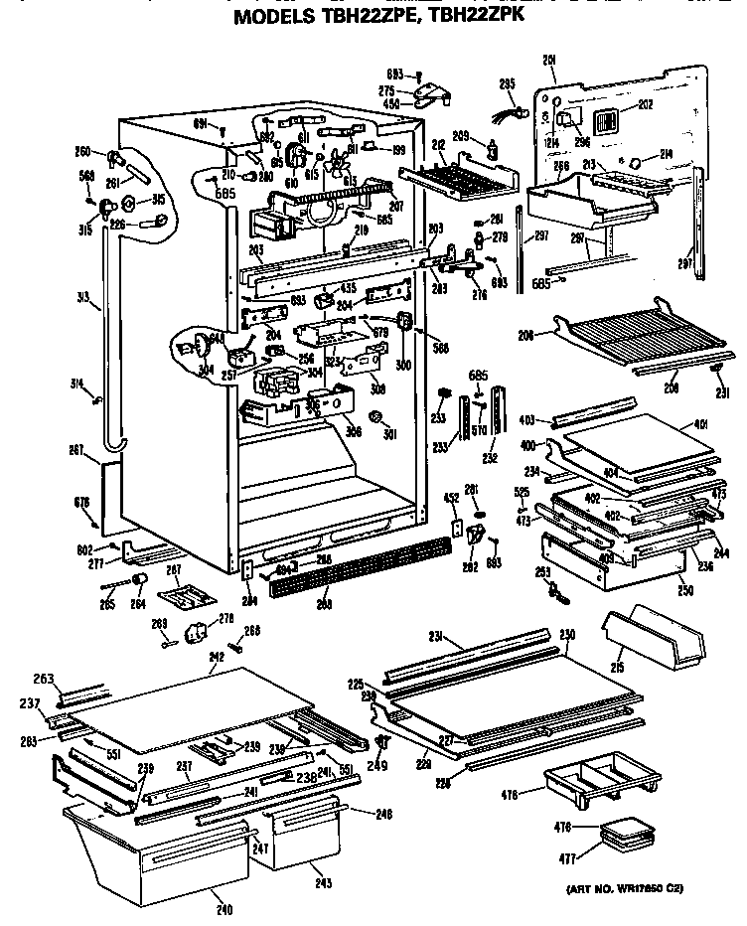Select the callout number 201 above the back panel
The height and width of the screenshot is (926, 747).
point(548,61)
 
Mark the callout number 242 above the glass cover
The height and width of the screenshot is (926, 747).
point(216,656)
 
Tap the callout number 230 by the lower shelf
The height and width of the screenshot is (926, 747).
point(567,635)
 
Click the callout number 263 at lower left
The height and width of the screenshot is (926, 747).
point(44,678)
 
